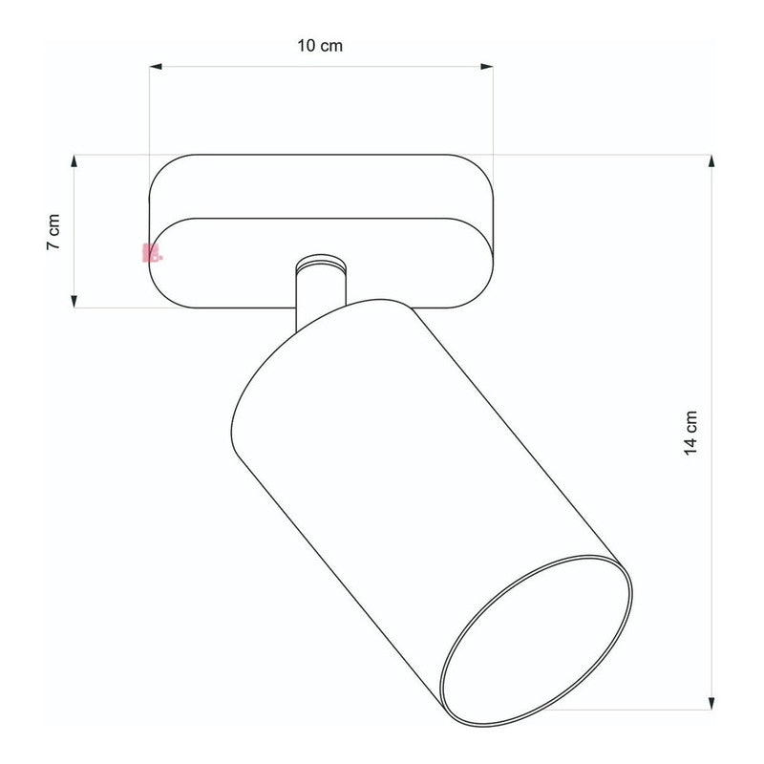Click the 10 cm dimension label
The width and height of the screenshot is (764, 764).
320,45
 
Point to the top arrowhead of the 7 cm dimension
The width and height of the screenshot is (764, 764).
74,161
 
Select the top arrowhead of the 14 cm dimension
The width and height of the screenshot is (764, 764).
711,161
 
